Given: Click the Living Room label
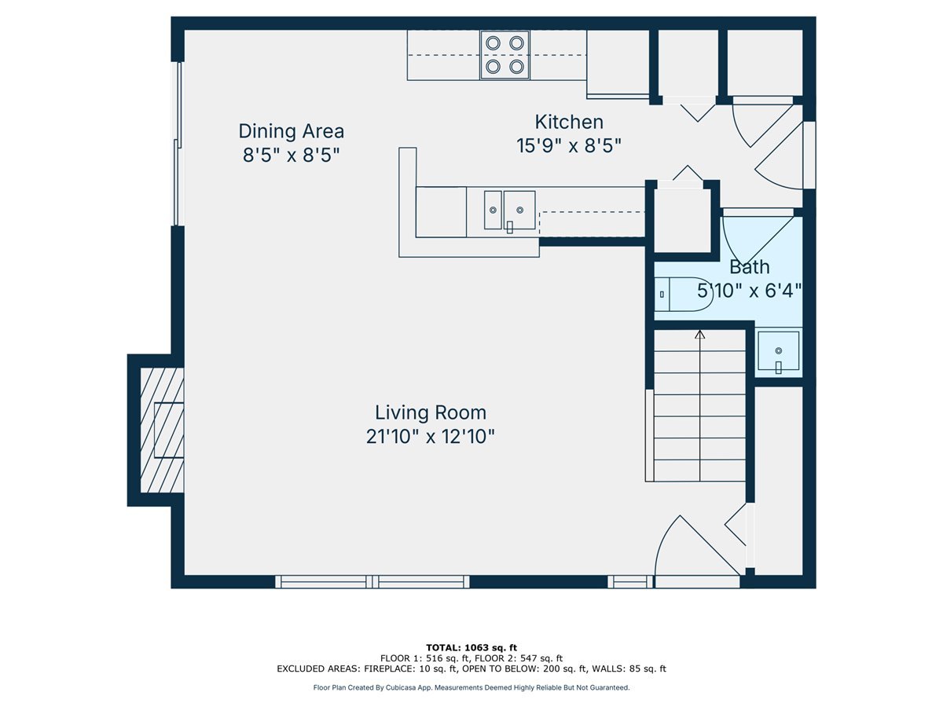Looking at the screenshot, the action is point(431,412).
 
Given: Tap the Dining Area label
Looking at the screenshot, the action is point(292,131).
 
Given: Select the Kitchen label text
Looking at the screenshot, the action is point(569,122).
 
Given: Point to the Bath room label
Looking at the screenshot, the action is point(749,267).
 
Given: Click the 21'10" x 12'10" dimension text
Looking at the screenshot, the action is point(431,437).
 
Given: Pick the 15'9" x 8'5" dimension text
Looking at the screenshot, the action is point(569,146).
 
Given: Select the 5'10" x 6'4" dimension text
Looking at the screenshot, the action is point(749,291).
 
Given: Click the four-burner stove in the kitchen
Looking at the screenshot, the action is point(505,55).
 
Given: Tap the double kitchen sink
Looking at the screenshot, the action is point(510,211).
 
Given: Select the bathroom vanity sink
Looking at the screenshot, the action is point(779,350).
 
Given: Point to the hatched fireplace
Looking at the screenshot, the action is point(163,430).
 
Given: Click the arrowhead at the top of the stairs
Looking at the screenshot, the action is point(700,334).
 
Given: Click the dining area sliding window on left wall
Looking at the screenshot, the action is point(178,144).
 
